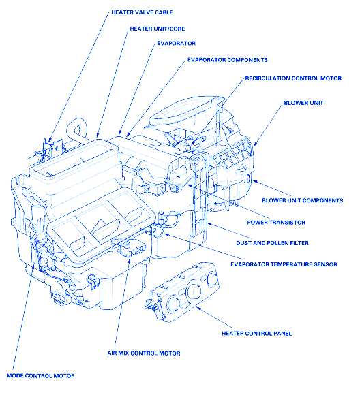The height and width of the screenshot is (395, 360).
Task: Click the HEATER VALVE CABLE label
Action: click(x=142, y=12)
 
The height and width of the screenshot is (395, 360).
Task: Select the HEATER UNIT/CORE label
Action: click(x=157, y=29)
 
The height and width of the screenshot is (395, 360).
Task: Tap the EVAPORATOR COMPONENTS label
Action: click(x=228, y=60)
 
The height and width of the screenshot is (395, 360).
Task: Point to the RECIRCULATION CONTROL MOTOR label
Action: click(x=293, y=78)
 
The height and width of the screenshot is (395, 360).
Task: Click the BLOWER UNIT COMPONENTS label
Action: click(x=303, y=200)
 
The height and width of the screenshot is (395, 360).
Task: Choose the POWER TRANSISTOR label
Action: click(x=276, y=223)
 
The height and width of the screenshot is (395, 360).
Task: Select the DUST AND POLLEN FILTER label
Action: click(x=273, y=243)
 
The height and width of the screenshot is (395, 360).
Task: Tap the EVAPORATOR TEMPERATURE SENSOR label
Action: click(x=284, y=264)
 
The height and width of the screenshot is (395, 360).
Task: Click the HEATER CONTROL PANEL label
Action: click(x=257, y=334)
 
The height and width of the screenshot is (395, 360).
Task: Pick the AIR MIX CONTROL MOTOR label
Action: click(x=144, y=353)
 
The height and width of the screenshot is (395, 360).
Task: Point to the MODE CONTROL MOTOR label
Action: click(x=41, y=376)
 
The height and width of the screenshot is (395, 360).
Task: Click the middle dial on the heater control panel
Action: click(x=194, y=291)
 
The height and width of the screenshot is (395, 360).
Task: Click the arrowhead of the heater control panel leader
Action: click(x=198, y=308)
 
